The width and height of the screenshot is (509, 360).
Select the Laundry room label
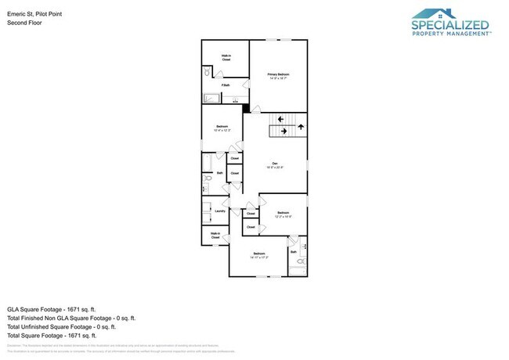220,211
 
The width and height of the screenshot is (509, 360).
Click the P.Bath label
225,85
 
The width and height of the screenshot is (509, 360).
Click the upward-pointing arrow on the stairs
301,125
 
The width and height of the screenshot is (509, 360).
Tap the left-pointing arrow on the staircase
280,119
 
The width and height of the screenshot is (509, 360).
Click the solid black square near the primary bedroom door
246,109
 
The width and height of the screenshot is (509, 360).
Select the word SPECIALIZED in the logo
449,25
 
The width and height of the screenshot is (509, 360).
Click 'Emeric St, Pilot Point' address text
34,13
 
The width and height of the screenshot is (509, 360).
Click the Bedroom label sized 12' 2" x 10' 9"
283,214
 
